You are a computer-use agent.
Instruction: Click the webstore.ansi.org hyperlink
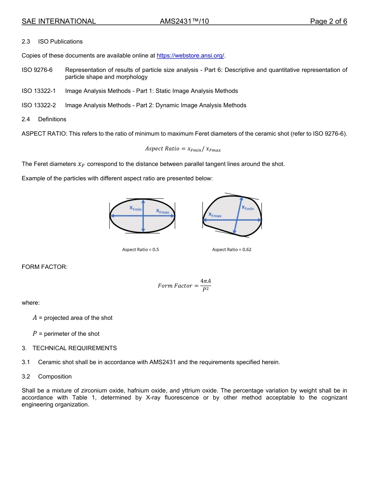coord(190,56)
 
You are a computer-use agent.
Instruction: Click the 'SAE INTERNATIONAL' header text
coord(59,21)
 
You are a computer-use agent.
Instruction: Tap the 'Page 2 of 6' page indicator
coord(328,21)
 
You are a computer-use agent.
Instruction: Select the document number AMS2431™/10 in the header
coord(184,21)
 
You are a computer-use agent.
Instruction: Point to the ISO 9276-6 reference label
coord(37,70)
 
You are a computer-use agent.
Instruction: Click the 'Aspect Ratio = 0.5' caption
coord(140,249)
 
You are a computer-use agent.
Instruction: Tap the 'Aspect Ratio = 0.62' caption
coord(231,249)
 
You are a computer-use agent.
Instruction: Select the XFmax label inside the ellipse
coord(162,211)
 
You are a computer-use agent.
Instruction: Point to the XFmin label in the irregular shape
coord(248,208)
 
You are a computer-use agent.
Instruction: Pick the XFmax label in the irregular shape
coord(215,215)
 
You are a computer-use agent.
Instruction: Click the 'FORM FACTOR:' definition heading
coord(45,267)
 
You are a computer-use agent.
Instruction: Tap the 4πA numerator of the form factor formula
coord(205,281)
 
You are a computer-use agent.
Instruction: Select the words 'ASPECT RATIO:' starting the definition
coord(44,134)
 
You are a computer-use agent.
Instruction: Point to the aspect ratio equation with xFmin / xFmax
coord(183,149)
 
